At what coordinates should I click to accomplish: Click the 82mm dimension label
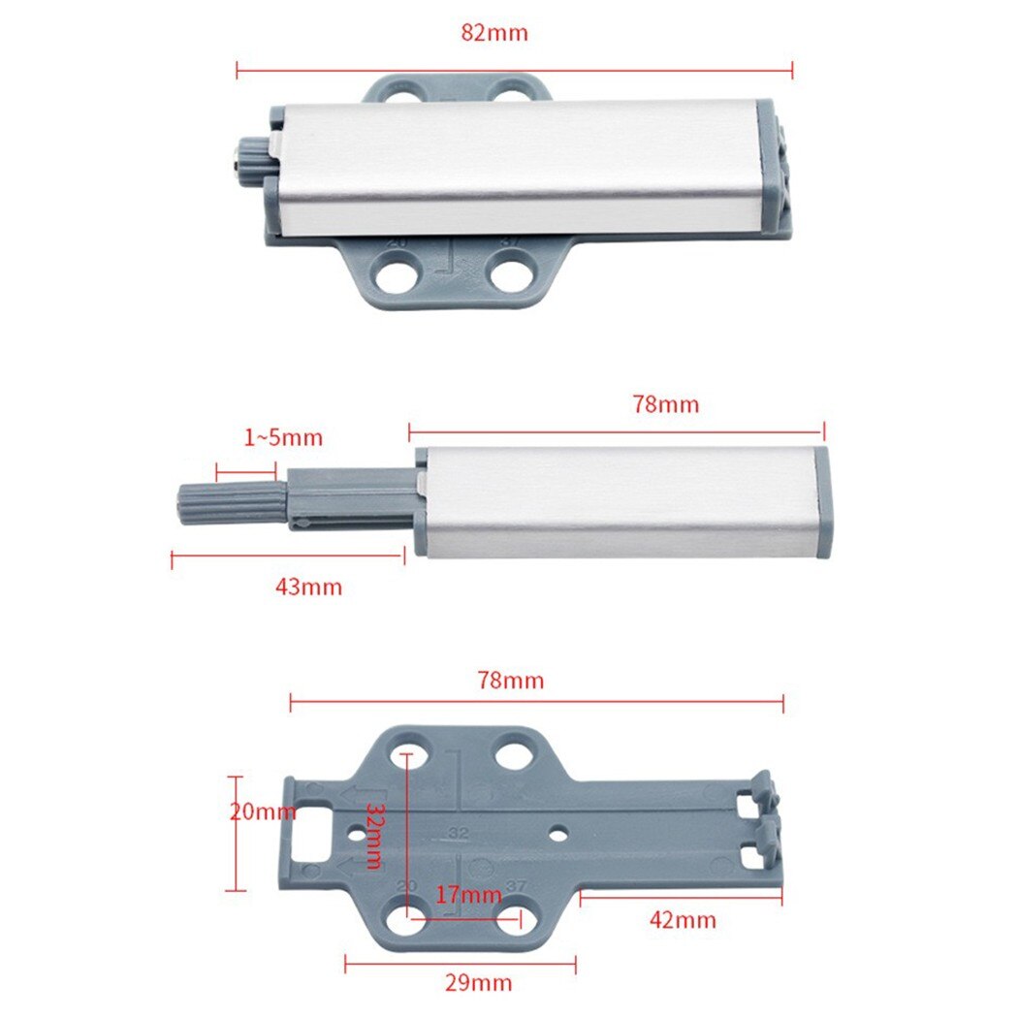tap(494, 32)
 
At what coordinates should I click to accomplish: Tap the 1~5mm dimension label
tap(283, 438)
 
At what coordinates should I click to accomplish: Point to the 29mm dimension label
tap(479, 983)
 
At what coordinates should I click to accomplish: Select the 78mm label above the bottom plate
tap(511, 681)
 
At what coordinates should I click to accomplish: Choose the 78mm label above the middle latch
tap(666, 404)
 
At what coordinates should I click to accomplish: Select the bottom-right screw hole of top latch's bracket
tap(509, 274)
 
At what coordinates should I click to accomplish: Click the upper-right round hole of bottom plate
tap(513, 753)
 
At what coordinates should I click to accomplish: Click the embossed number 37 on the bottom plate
tap(515, 885)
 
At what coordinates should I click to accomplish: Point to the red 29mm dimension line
tap(460, 963)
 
